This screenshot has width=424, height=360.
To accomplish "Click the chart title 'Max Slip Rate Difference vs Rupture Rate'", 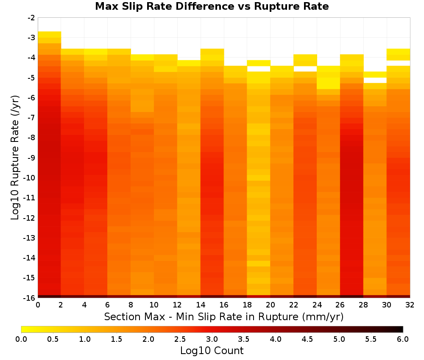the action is point(212,6).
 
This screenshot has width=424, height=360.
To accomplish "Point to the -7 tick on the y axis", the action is point(31,118).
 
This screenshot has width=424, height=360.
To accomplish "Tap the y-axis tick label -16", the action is point(30,298).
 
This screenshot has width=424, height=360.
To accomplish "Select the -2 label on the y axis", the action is point(31,18).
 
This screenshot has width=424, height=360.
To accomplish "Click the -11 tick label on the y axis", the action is point(30,198).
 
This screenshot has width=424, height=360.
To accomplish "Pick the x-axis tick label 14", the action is point(201,305).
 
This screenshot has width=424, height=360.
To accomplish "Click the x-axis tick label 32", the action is point(410,305).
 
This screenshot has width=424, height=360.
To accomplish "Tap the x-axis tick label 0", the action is point(38,305).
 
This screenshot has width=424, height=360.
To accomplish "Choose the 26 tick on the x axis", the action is point(340,305).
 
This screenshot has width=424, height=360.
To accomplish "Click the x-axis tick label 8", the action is point(131,305).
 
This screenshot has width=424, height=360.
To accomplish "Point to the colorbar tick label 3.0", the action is point(212,339).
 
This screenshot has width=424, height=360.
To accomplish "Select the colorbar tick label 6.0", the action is point(403,339).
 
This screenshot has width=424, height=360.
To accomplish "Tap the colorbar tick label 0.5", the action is point(53,339).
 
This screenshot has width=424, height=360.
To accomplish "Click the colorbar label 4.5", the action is point(307,339).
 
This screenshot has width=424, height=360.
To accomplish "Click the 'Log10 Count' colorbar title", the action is point(212,351).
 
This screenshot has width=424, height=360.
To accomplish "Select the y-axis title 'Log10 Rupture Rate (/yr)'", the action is point(15,158).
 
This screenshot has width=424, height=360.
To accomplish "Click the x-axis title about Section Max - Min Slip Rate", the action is point(224,316).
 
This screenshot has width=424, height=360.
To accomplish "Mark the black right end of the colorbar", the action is point(401,329).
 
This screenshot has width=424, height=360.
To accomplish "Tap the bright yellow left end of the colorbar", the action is point(23,329).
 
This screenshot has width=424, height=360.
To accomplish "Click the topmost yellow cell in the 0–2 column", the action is point(50,34).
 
